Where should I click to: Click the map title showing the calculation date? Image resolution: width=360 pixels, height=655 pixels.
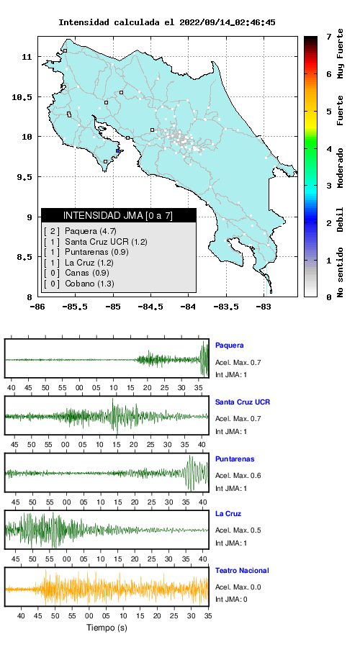(x=166, y=22)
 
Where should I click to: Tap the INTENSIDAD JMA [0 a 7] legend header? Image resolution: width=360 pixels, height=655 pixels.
(x=119, y=215)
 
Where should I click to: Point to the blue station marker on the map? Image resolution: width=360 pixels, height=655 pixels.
(x=118, y=151)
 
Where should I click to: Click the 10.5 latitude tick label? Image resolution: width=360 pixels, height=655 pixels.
(x=22, y=97)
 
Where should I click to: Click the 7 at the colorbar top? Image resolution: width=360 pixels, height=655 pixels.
(x=329, y=37)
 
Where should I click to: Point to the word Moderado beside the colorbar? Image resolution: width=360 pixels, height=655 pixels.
(x=341, y=168)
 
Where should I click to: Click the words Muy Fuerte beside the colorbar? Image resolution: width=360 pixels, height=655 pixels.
(x=341, y=53)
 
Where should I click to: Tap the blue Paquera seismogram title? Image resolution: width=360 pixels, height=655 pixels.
(x=229, y=345)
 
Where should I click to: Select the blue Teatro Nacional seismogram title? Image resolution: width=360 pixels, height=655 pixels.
(x=242, y=570)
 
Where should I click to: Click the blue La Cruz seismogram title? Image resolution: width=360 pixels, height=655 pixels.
(x=228, y=514)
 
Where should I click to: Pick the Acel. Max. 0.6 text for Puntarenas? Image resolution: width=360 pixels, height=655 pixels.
(x=238, y=475)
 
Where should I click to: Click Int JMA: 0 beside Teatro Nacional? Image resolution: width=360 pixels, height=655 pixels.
(x=231, y=600)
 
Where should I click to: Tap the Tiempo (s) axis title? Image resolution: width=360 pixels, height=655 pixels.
(x=107, y=628)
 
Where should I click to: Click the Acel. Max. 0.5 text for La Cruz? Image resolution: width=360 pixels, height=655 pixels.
(x=238, y=530)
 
